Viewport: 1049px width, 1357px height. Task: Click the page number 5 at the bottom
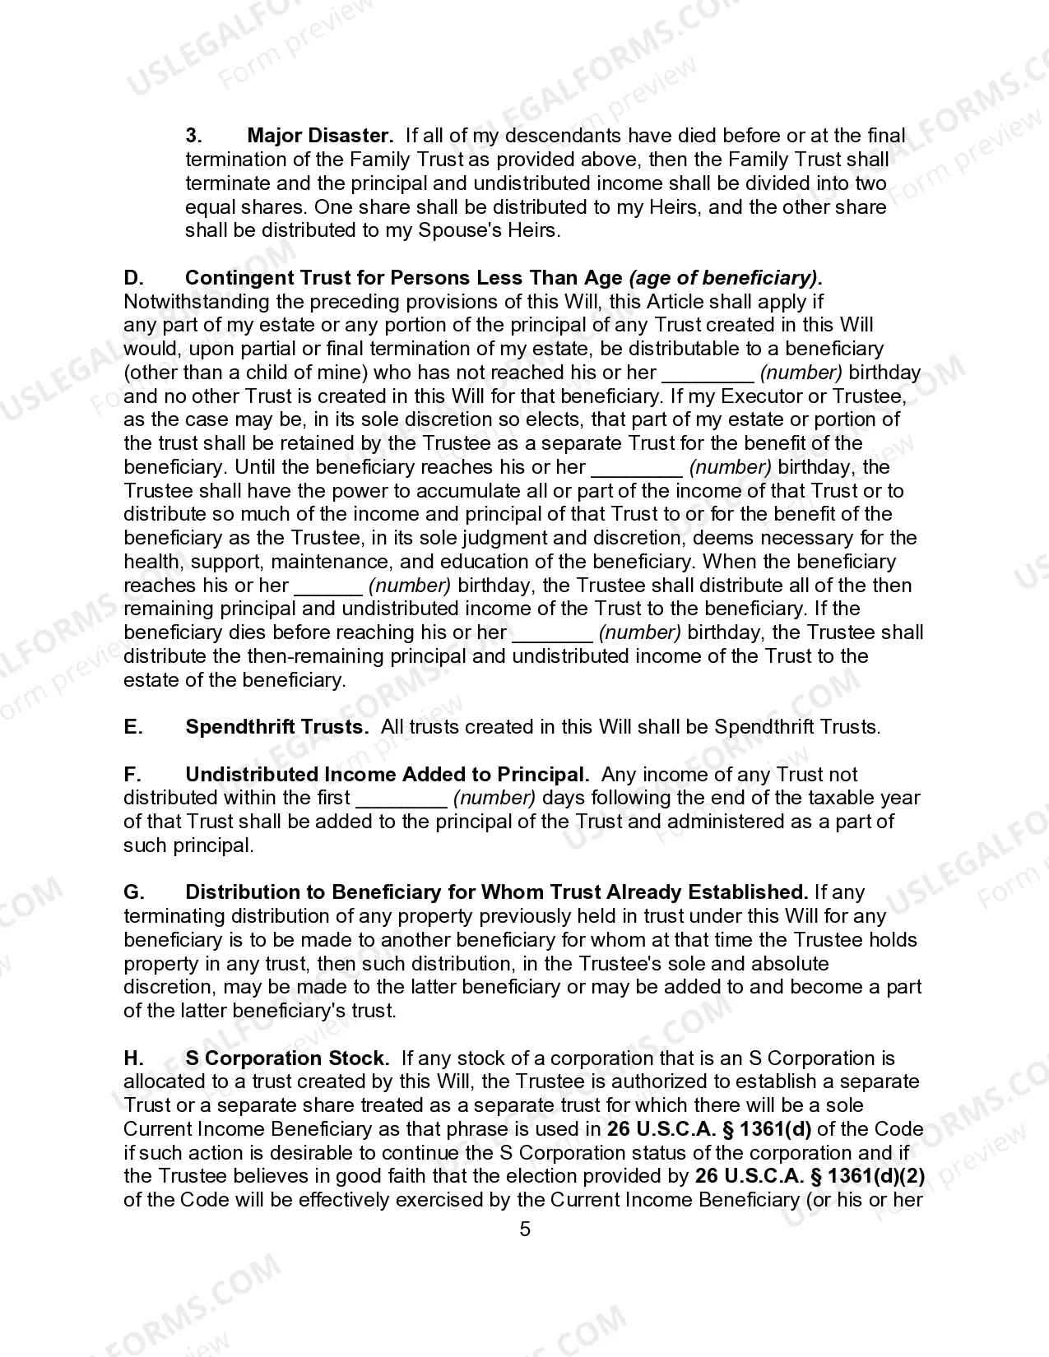pos(525,1230)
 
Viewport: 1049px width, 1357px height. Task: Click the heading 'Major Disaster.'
pos(320,136)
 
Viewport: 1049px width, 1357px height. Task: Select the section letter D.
pos(133,278)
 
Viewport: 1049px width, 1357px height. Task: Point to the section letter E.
pos(132,727)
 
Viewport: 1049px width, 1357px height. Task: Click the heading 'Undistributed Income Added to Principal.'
pos(387,775)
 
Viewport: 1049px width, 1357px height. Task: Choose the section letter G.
pos(134,892)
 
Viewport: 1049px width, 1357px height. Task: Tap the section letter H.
pos(133,1058)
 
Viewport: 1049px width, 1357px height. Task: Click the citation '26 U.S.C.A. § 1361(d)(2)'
pos(810,1177)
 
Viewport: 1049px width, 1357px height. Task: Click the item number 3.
pos(193,136)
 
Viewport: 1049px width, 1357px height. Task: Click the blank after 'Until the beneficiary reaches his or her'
pos(637,468)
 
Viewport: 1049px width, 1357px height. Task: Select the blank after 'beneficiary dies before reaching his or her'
pos(552,633)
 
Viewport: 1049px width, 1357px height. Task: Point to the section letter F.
pos(132,775)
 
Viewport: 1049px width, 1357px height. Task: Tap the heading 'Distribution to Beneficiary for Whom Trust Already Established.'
pos(496,892)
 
